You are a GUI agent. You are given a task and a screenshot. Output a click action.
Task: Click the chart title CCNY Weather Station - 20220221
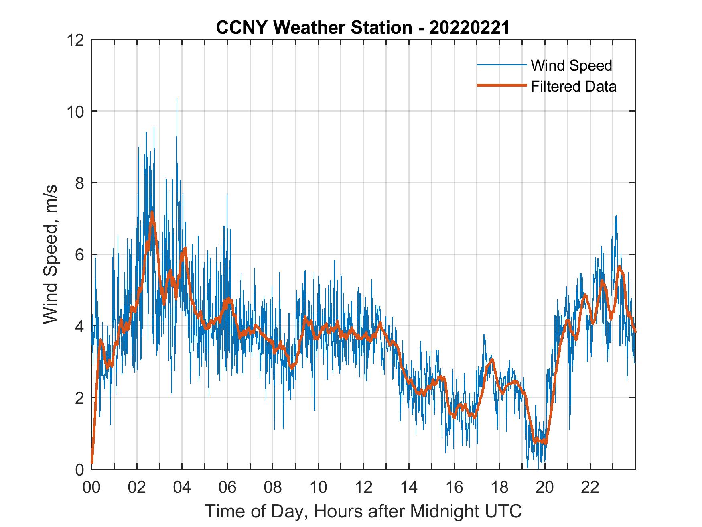363,28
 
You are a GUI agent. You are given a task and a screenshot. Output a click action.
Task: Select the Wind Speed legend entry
571,65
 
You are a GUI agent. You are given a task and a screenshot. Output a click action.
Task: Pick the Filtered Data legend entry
573,86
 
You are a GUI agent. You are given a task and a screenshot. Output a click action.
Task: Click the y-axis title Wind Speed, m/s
50,254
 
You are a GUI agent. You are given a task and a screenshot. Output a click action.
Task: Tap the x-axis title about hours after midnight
363,511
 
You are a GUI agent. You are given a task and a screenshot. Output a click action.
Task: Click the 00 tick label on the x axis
91,487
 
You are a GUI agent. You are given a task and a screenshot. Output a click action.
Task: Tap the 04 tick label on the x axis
182,487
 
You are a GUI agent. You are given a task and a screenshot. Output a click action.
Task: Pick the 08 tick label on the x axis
273,487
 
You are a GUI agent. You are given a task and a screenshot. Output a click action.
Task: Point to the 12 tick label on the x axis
363,487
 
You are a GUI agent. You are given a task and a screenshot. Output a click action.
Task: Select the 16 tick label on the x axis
454,487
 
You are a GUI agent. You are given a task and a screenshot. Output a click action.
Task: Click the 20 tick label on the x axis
545,487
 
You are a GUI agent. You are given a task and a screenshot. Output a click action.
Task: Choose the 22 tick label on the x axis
590,487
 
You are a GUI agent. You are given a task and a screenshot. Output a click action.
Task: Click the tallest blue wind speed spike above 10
177,100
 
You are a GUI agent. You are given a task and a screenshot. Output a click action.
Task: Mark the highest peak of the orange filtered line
152,213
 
